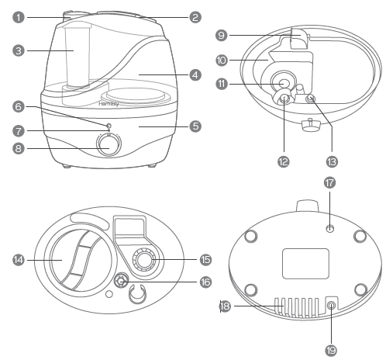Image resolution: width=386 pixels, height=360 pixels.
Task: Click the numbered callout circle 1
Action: [19, 18]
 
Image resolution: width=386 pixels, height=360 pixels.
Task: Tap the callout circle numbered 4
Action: [195, 75]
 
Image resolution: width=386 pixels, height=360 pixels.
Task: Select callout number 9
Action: [222, 35]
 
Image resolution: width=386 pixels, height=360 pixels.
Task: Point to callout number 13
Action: [332, 162]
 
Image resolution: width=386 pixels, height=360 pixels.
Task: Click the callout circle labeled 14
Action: [19, 260]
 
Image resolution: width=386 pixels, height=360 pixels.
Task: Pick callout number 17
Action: [329, 183]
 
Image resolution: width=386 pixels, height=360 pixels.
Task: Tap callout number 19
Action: [331, 351]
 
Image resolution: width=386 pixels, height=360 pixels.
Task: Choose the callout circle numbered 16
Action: [205, 282]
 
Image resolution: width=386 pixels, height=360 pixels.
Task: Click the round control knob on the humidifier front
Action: [109, 145]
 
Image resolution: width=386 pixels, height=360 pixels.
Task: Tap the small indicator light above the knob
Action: [109, 126]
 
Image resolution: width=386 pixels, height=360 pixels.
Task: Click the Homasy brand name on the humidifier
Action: [109, 104]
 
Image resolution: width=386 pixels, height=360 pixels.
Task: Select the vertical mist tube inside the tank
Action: [78, 56]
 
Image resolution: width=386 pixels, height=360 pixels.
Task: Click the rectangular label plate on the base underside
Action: [305, 264]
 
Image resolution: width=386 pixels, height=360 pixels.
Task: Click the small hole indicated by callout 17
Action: [330, 228]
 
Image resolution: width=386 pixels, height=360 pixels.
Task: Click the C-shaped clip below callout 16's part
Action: [137, 293]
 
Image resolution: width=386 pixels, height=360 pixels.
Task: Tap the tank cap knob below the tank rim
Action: [311, 125]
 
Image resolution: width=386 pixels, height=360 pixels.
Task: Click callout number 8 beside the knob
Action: [19, 148]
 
